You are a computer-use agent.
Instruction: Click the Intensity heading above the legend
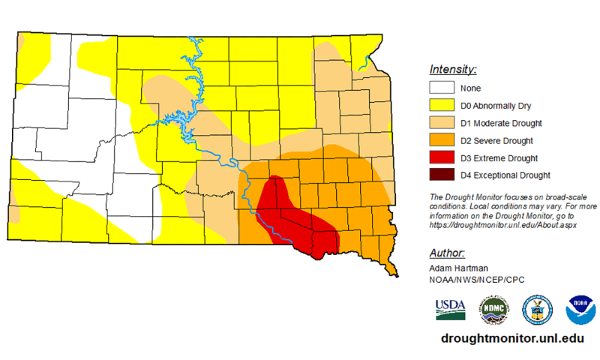tap(453, 70)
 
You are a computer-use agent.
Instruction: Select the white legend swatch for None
tap(442, 88)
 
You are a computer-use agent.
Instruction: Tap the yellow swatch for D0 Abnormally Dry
tap(442, 106)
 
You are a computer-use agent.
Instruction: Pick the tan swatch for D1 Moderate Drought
tap(442, 123)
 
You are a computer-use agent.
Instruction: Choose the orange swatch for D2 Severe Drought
tap(442, 140)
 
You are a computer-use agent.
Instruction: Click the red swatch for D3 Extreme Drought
tap(442, 158)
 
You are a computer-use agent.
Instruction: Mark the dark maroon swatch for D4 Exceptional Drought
tap(442, 175)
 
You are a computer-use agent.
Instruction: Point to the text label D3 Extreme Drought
tap(499, 158)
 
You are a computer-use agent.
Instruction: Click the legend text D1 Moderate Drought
tap(501, 123)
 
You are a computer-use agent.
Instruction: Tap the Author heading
tap(447, 253)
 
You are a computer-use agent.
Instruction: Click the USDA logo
tap(450, 308)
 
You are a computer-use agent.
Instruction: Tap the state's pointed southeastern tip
tap(392, 271)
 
